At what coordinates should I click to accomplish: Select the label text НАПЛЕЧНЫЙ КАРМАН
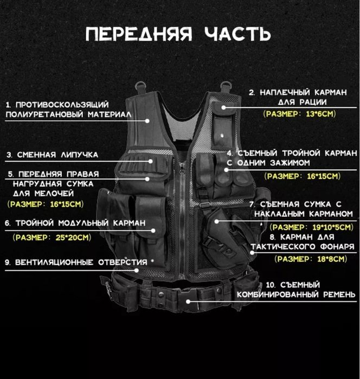[301, 92]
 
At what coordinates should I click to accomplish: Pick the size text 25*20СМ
[72, 237]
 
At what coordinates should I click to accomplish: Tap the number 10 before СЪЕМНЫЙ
[271, 285]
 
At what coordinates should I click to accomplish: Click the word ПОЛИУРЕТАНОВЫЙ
[47, 114]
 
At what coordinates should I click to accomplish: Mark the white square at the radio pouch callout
[223, 107]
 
